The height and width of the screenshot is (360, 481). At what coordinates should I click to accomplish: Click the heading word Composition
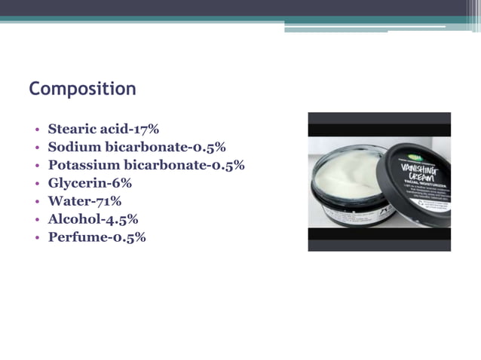click(x=82, y=89)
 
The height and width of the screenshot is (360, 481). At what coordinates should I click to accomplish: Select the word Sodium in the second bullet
click(x=73, y=147)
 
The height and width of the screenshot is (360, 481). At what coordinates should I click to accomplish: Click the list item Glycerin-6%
click(x=90, y=183)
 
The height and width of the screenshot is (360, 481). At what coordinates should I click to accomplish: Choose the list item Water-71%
click(x=84, y=201)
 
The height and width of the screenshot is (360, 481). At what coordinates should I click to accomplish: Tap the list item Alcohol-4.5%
click(x=93, y=219)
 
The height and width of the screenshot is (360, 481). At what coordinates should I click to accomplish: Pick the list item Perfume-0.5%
click(x=97, y=237)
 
